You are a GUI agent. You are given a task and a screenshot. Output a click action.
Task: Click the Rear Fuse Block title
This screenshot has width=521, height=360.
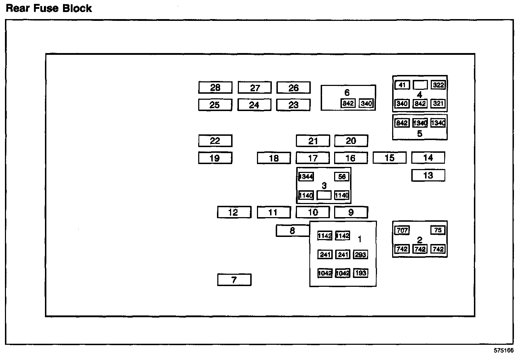[x=49, y=8]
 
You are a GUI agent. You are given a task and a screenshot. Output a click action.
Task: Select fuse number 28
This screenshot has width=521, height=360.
[x=215, y=87]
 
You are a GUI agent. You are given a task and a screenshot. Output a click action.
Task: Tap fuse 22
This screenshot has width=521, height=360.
[x=215, y=141]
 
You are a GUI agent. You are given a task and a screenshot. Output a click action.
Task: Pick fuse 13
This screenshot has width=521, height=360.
[x=428, y=175]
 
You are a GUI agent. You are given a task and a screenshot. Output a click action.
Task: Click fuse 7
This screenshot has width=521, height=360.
[x=234, y=280]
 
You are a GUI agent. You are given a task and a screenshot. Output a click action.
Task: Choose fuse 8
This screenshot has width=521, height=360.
[x=292, y=231]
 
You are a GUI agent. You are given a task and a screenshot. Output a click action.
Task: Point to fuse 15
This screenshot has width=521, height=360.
[x=389, y=158]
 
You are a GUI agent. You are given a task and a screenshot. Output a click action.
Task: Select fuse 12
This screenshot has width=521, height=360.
[x=234, y=212]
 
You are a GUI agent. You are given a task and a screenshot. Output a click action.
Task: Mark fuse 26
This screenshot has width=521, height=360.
[x=293, y=87]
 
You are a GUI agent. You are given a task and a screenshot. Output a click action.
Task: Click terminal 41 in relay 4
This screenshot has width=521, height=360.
[x=402, y=85]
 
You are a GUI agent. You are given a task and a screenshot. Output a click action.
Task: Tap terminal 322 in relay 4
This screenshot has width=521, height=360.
[x=438, y=85]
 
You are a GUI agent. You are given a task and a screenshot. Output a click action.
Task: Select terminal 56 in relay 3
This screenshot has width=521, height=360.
[x=342, y=176]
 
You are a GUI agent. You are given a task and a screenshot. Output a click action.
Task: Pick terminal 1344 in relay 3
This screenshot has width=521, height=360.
[x=306, y=176]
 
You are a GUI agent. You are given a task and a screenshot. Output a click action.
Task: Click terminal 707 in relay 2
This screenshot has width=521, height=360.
[x=402, y=231]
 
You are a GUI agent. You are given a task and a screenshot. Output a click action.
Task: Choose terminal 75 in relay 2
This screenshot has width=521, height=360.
[x=438, y=230]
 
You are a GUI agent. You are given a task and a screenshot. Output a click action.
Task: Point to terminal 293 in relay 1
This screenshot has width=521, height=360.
[x=360, y=255]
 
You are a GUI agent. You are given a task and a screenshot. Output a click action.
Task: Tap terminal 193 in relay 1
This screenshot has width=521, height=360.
[x=360, y=273]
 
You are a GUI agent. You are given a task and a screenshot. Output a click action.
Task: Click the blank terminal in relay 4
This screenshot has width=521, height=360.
[x=420, y=85]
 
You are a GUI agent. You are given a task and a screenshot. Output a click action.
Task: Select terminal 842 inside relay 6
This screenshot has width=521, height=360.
[x=348, y=103]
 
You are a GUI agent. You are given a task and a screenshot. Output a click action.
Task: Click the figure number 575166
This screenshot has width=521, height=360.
[x=504, y=351]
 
